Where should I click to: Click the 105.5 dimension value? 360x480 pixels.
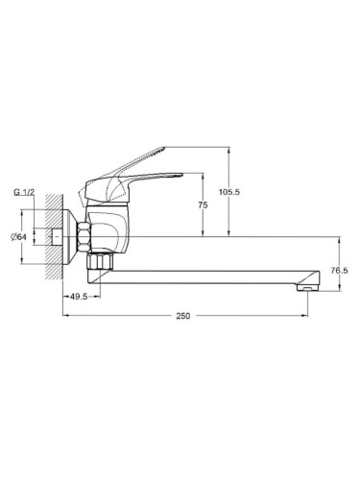229,192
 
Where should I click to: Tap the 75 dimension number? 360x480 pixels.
203,204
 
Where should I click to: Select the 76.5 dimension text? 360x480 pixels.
340,271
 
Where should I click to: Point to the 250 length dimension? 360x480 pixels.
183,316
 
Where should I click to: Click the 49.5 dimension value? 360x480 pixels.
79,297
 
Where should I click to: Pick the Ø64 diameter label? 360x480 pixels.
18,237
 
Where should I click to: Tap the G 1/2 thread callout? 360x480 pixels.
24,192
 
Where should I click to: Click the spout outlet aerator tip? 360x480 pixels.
307,288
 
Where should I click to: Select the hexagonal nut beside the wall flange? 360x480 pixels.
84,237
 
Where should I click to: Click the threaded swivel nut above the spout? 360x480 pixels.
100,262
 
